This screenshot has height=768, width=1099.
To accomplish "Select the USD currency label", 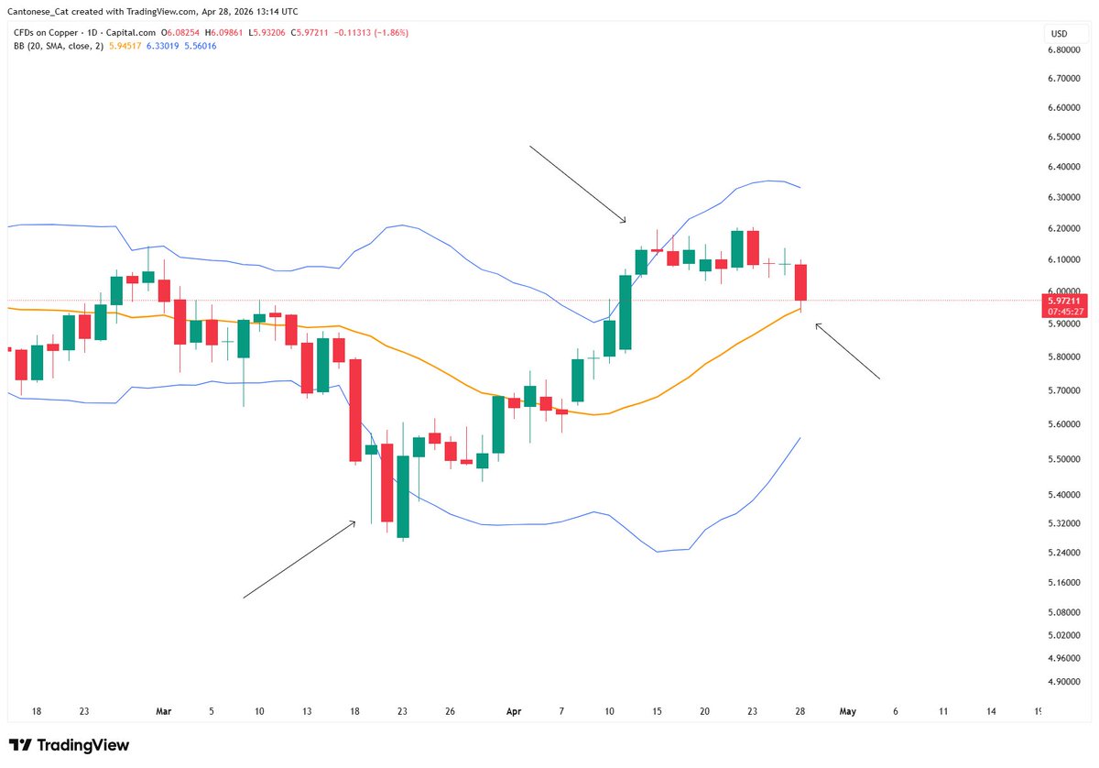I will coord(1060,34).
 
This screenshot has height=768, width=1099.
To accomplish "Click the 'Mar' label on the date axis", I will coord(164,710).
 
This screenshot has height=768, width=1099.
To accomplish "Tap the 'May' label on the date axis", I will coord(847,710).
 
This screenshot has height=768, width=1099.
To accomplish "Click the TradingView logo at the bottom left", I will coord(69,745).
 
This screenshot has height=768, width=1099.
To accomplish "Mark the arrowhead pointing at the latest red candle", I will coord(818,324).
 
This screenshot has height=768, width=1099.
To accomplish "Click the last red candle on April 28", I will coord(800,282).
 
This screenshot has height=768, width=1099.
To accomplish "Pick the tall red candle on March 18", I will coord(354,411).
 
